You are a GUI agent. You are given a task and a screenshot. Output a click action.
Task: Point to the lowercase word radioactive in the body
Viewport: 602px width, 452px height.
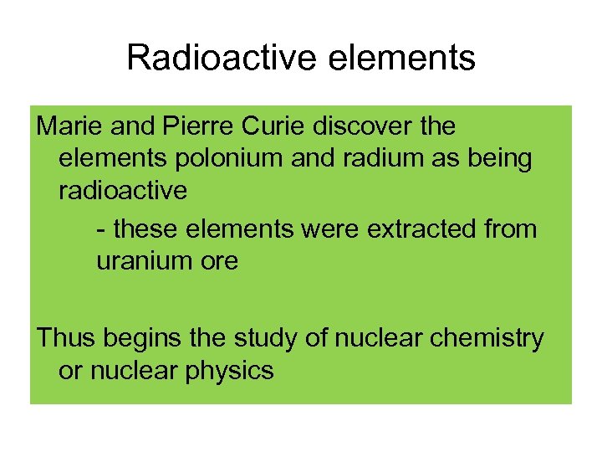pyautogui.click(x=123, y=191)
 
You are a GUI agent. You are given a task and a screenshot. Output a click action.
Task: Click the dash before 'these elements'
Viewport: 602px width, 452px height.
pyautogui.click(x=101, y=229)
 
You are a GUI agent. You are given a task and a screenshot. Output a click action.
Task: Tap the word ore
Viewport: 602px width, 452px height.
pyautogui.click(x=219, y=260)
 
